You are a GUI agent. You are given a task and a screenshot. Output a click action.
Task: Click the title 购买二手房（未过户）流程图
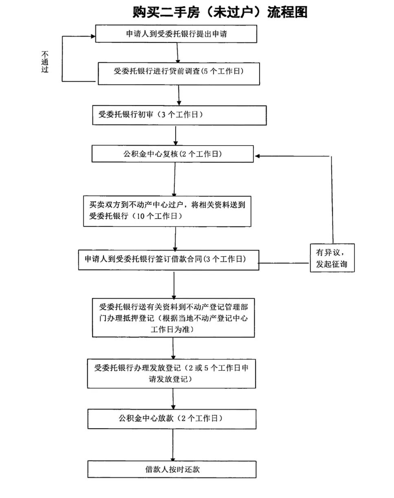(220, 12)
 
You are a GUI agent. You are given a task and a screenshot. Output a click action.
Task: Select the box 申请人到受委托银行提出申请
(176, 34)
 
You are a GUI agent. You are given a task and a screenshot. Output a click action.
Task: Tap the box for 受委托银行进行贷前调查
(179, 73)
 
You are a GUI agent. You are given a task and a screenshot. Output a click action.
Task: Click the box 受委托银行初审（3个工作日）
(179, 115)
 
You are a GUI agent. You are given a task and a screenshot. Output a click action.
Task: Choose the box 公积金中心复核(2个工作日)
(172, 154)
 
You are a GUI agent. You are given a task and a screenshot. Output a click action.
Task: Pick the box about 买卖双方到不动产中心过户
(167, 211)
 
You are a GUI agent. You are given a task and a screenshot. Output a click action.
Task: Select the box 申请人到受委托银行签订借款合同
(169, 260)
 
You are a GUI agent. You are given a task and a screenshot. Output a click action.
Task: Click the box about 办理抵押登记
(174, 318)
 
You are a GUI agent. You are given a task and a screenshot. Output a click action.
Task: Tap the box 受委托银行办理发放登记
(172, 374)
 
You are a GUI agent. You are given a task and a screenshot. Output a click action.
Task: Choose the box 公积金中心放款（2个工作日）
(172, 419)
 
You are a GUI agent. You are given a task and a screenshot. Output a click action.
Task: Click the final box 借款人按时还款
(172, 469)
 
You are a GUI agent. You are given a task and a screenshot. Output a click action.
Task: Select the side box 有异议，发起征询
(332, 258)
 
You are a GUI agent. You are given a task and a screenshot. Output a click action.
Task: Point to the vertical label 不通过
(45, 62)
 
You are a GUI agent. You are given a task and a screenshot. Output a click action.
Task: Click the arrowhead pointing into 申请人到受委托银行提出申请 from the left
(93, 36)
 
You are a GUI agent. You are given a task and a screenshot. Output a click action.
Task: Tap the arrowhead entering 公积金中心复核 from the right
(257, 156)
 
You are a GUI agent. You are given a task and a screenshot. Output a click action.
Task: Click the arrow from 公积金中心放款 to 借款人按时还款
(173, 445)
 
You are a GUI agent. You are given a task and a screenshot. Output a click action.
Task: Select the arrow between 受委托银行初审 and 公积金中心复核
(176, 135)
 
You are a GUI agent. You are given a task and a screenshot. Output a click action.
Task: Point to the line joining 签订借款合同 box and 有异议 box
(284, 263)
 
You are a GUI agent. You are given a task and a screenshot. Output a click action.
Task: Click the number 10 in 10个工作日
(140, 216)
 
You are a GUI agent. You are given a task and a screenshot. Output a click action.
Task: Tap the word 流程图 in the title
(287, 12)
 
